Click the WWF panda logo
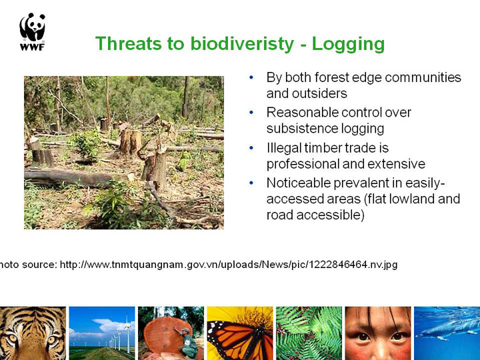click(x=32, y=31)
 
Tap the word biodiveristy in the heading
click(x=242, y=44)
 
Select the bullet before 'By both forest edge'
click(x=251, y=77)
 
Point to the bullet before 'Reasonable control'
click(x=251, y=113)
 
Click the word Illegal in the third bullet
click(x=283, y=148)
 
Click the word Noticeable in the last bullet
click(x=298, y=183)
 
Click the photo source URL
click(x=229, y=265)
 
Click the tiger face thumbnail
click(x=33, y=333)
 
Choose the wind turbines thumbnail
click(x=102, y=333)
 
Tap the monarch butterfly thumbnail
click(x=240, y=333)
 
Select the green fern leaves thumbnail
click(x=309, y=333)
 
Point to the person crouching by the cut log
click(x=187, y=343)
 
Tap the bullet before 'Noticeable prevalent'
click(x=251, y=183)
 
